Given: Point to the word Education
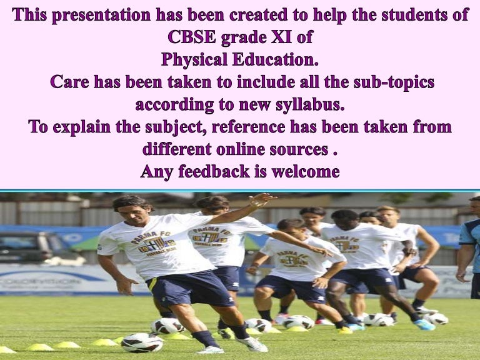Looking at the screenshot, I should click(277, 60).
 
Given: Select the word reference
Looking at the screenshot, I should click(256, 127).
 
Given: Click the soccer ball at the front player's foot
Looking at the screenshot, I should click(142, 342).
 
